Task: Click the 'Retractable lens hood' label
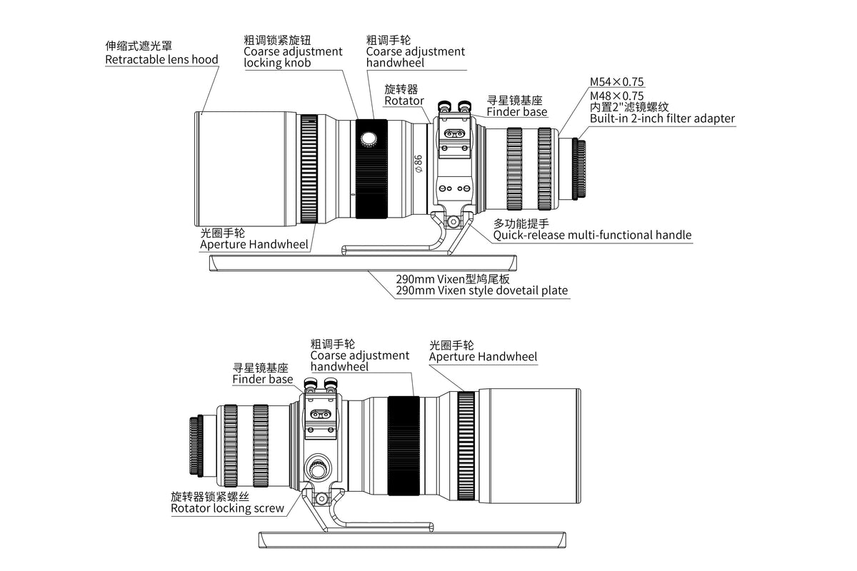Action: pos(161,59)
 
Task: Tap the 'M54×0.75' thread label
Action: pos(616,82)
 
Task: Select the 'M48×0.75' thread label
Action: pos(616,95)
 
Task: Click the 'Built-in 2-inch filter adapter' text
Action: pos(661,118)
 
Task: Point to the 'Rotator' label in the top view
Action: pos(404,101)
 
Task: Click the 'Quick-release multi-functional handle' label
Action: pos(592,235)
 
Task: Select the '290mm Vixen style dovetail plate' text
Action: pos(482,290)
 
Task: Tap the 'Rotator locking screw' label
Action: pos(227,508)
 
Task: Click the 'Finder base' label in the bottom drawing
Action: pos(262,379)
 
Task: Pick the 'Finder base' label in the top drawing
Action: pos(516,111)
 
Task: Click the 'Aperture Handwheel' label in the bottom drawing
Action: pos(483,356)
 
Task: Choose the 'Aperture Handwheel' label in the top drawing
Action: pos(254,244)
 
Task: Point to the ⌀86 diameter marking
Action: pos(419,164)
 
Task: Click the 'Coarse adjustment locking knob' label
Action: pos(293,57)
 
